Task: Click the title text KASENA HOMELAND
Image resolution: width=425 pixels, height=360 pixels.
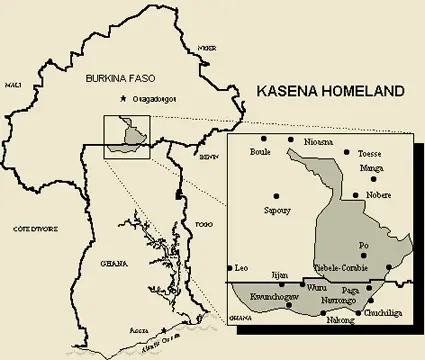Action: click(x=330, y=91)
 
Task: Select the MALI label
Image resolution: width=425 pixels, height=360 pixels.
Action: click(x=13, y=86)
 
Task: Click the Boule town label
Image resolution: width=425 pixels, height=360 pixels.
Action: click(x=260, y=152)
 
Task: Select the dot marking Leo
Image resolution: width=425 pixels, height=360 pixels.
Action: click(x=231, y=268)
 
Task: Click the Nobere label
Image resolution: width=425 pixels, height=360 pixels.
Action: click(x=379, y=195)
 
